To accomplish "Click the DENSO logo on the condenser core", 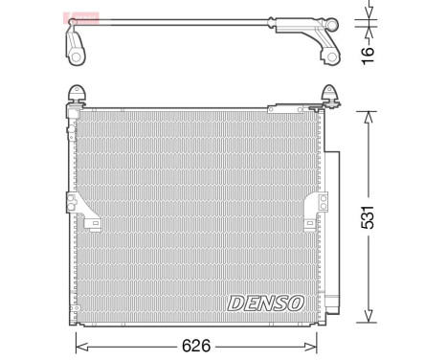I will [x=265, y=303].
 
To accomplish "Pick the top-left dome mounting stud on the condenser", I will [x=78, y=94].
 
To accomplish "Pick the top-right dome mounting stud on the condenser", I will [x=329, y=94].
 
